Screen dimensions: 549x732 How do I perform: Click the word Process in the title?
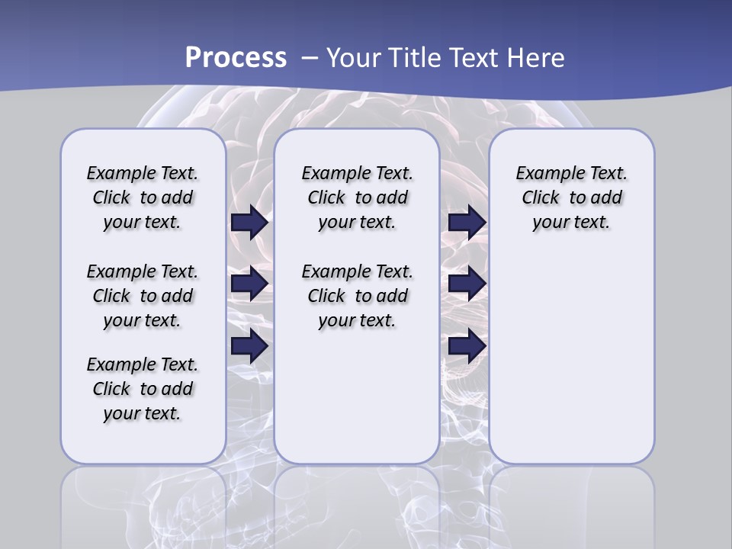tap(236, 58)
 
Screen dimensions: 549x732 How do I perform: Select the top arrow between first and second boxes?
tap(249, 222)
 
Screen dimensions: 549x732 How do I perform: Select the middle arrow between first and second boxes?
tap(249, 284)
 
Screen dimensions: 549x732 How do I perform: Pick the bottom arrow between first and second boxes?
tap(249, 346)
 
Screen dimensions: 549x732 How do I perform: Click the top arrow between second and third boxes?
tap(467, 222)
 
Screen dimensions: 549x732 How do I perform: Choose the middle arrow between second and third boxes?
tap(467, 284)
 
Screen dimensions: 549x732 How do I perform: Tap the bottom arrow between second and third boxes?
tap(467, 346)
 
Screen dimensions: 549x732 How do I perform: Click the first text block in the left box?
tap(143, 197)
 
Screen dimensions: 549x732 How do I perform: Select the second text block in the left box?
tap(143, 296)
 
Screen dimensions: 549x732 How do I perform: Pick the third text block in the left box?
tap(143, 389)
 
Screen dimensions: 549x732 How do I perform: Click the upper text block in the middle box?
tap(358, 197)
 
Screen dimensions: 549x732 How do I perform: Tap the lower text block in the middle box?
tap(358, 296)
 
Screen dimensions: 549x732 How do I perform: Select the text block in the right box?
tap(572, 197)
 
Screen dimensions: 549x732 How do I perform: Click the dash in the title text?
tap(310, 58)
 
